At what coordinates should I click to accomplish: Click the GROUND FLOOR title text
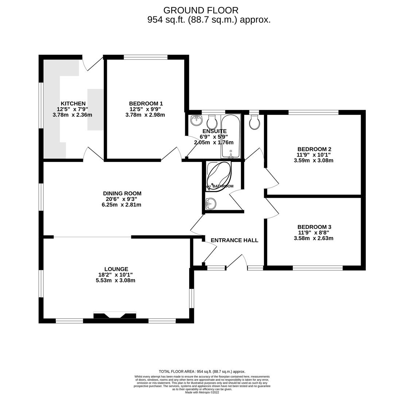(x=201, y=10)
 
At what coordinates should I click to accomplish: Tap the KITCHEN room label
(x=73, y=104)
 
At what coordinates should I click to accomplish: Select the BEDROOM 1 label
(x=145, y=104)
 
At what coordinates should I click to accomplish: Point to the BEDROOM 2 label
(x=314, y=149)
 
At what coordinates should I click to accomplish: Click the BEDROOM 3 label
(x=314, y=227)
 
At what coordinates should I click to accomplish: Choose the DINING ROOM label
(x=122, y=193)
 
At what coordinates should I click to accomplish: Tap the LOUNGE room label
(x=116, y=269)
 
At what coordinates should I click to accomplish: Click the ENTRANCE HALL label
(x=234, y=240)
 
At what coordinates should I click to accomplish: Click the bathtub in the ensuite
(x=230, y=136)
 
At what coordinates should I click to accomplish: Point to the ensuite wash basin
(x=196, y=119)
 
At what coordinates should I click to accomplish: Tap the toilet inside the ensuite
(x=212, y=122)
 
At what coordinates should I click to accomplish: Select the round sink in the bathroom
(x=210, y=204)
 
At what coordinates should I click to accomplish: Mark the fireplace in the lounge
(x=115, y=315)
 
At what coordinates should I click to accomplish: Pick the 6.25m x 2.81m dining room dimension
(x=121, y=205)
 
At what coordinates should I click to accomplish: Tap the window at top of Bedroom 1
(x=145, y=57)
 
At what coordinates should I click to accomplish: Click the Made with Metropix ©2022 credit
(x=202, y=392)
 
